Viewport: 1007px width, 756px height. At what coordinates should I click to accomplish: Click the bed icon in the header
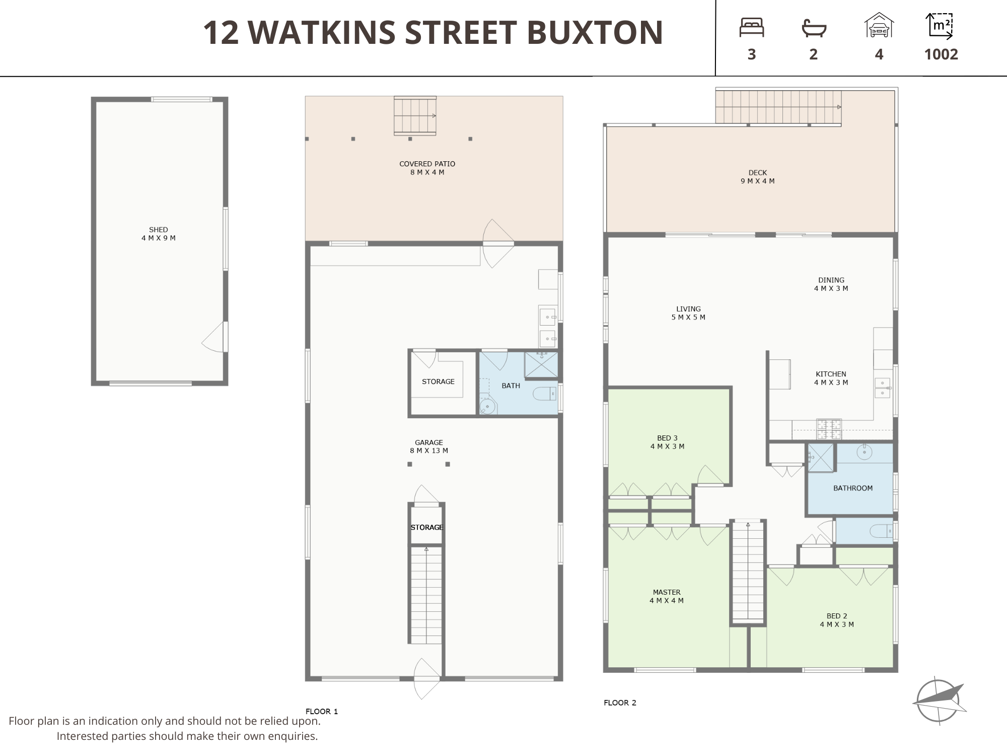752,28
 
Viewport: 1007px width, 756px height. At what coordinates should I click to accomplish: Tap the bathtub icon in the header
814,28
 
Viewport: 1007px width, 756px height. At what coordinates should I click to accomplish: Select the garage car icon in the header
879,25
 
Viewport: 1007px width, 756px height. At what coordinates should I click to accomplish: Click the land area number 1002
941,54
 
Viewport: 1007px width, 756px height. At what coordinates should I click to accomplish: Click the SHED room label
159,229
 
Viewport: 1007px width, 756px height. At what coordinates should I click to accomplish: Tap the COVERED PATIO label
427,164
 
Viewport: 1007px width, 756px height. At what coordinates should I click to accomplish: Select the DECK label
757,173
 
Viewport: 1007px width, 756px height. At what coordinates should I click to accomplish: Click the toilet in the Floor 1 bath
544,393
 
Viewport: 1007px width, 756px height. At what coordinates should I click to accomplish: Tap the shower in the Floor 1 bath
541,365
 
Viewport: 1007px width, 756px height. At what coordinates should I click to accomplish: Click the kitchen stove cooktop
829,429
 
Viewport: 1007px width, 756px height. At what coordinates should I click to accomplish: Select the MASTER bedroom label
667,592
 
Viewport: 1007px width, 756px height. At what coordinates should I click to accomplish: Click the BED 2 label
837,616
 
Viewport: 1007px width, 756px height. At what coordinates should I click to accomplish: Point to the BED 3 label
667,438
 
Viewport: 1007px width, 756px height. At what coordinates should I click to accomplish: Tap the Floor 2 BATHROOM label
853,488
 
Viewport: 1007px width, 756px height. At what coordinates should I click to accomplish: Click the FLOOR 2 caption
620,703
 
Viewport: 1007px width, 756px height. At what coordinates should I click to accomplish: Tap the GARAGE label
429,443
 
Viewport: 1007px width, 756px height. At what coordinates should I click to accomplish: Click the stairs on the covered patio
415,115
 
